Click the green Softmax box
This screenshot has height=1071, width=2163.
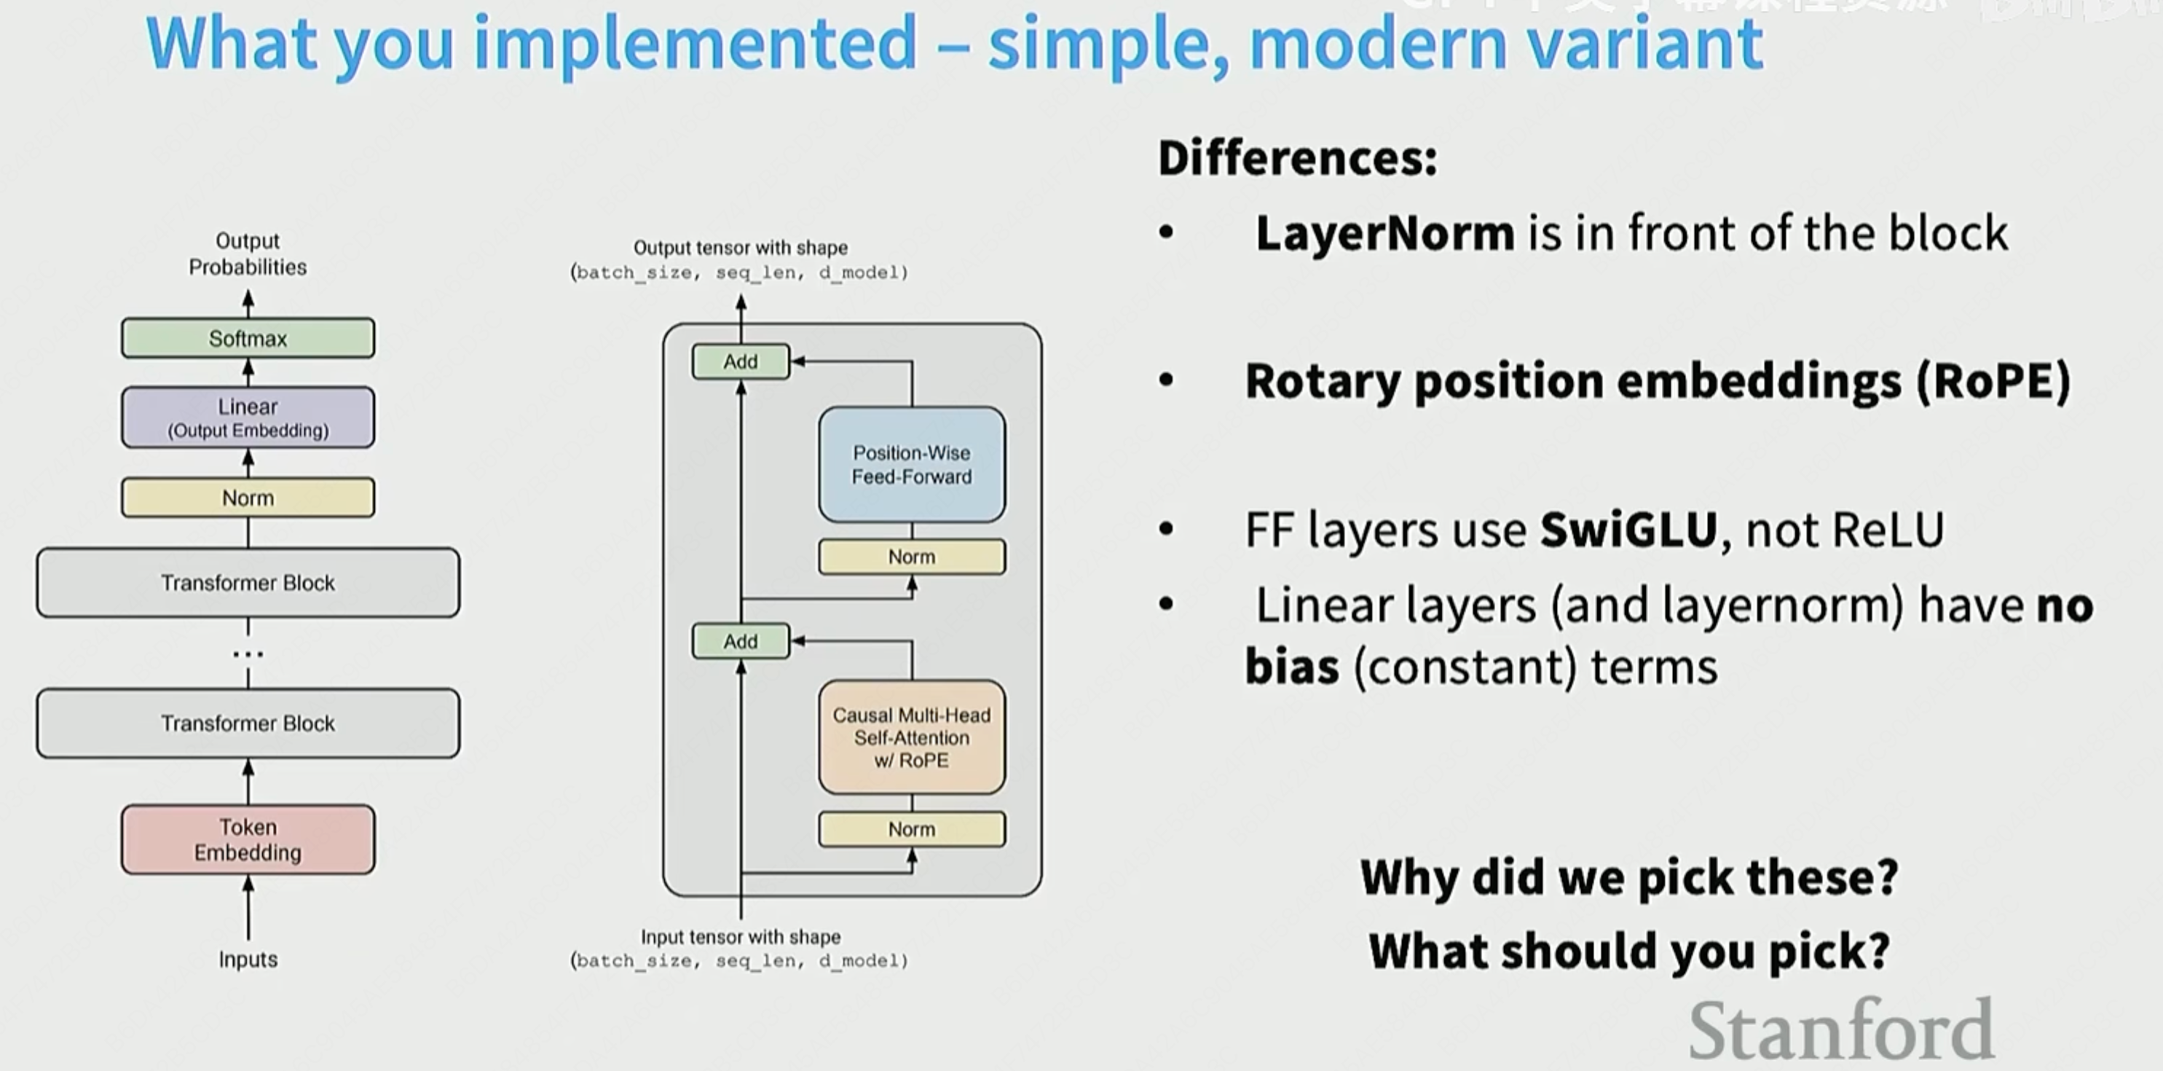(248, 339)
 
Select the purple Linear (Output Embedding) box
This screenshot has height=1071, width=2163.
(248, 417)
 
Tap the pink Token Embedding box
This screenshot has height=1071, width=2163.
(248, 839)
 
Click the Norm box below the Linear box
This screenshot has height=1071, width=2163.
(248, 498)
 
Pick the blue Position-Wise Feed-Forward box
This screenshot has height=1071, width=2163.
(912, 465)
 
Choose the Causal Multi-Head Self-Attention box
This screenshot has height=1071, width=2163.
(912, 737)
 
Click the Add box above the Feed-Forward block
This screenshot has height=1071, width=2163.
(741, 362)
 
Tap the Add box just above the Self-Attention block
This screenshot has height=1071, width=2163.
(741, 642)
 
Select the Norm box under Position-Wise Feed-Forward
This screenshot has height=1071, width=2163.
(912, 557)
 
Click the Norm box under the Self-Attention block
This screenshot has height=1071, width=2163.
(912, 829)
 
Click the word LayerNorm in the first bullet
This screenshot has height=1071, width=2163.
(1384, 234)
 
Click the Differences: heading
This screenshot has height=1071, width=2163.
(1297, 158)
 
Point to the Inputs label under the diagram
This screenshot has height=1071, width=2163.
(248, 960)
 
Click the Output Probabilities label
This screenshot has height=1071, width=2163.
(248, 254)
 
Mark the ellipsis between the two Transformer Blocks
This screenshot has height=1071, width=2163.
(248, 654)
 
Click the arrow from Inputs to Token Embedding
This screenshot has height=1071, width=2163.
(248, 907)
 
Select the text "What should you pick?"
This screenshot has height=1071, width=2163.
(1629, 951)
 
